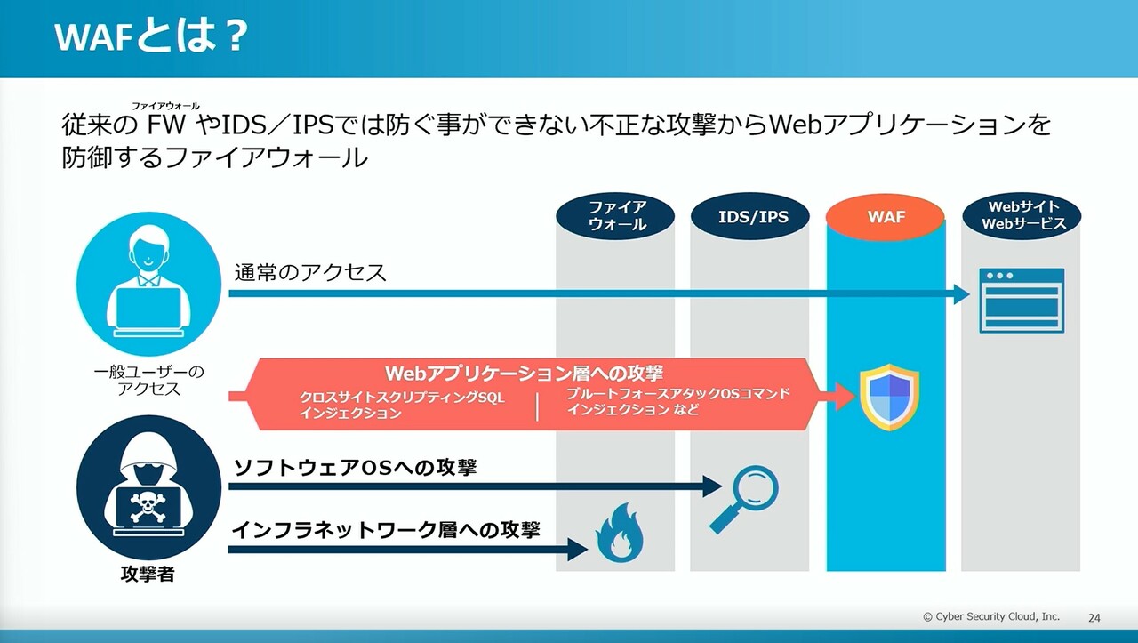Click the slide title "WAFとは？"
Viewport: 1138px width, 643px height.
pos(150,38)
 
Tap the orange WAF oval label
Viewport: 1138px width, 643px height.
pos(886,217)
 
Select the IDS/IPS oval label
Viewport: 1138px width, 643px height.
pos(752,216)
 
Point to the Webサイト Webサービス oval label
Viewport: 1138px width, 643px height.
pos(1022,216)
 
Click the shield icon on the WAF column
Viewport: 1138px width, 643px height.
pos(889,397)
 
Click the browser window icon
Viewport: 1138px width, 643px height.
pos(1022,300)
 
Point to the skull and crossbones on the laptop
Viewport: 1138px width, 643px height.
pos(148,507)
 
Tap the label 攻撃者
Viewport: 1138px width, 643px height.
pos(148,575)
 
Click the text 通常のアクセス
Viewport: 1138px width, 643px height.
pos(310,272)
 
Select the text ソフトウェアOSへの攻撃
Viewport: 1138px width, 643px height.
pos(355,467)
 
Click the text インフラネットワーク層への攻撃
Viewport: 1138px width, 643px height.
pos(386,530)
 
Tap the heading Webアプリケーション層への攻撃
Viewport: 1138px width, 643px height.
pos(524,373)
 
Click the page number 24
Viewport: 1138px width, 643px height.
pos(1094,617)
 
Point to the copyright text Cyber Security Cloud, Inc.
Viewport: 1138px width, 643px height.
pos(990,616)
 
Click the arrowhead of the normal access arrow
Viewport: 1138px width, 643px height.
pos(962,294)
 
